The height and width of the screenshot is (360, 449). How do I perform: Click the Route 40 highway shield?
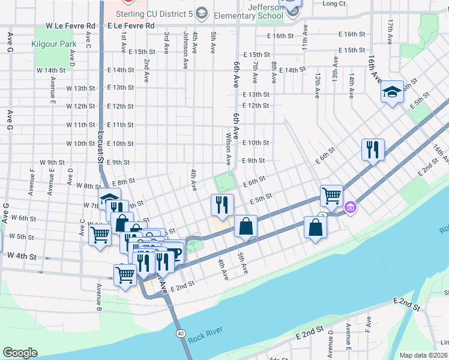180,333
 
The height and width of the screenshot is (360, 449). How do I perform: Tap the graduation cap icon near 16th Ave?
392,92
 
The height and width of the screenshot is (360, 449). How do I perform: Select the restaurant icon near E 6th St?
372,149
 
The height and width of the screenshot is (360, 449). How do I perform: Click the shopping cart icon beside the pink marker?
331,195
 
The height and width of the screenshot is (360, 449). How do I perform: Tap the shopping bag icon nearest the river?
315,227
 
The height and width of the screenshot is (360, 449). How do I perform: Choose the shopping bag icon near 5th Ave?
246,226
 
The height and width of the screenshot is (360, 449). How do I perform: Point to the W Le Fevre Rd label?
71,26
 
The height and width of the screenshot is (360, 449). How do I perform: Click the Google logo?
20,353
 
